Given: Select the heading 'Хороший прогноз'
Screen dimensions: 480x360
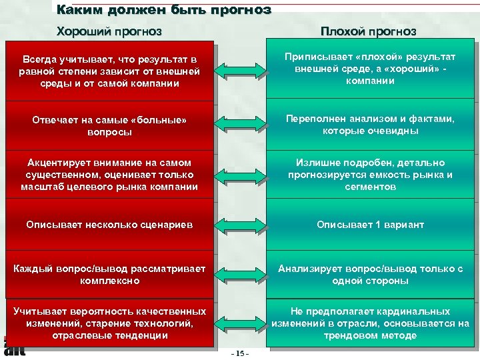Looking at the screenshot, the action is (x=109, y=31).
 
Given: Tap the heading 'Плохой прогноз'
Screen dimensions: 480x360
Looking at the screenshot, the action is (x=368, y=31).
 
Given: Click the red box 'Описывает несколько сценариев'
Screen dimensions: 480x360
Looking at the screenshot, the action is (x=109, y=225).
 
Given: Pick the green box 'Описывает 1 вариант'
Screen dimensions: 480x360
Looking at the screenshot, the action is (x=370, y=225).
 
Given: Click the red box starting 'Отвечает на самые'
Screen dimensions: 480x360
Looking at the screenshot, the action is (x=109, y=126).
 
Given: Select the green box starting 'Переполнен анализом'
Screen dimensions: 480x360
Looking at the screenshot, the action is (x=370, y=125).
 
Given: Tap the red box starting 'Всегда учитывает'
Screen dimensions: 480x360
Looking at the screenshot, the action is (x=109, y=72).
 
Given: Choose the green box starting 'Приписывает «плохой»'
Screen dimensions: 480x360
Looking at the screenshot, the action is (x=370, y=69).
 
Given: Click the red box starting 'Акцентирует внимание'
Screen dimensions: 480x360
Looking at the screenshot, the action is (x=109, y=174).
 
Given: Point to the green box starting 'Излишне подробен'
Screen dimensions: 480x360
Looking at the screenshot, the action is (x=370, y=174).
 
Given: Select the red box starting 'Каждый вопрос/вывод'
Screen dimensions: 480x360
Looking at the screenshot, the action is (x=109, y=274).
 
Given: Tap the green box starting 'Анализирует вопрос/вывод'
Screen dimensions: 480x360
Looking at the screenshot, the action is (x=370, y=274).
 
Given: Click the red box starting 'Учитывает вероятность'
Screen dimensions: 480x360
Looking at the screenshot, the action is (x=109, y=323).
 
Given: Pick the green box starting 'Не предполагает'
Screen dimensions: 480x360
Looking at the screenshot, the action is (x=370, y=323).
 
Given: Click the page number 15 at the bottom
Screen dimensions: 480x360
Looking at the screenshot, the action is (x=239, y=353).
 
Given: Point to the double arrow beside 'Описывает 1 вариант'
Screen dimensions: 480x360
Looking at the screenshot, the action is (x=241, y=225).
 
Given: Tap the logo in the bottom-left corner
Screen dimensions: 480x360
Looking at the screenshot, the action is (x=13, y=347).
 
